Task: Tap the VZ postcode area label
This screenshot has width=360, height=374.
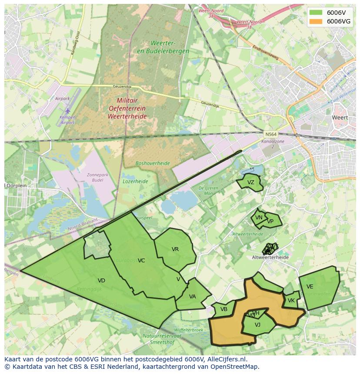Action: tap(250, 182)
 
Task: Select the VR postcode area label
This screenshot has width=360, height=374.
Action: tap(175, 249)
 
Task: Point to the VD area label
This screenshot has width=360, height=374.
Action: tap(101, 281)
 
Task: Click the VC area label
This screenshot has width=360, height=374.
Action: tap(141, 261)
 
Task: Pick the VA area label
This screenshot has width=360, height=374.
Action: tap(193, 297)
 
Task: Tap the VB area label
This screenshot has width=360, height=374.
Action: tap(224, 309)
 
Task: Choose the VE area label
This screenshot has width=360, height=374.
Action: tap(310, 287)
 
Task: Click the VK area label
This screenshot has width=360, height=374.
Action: tap(291, 301)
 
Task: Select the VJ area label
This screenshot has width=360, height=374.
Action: tap(257, 324)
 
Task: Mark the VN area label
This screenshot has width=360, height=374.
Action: tap(259, 218)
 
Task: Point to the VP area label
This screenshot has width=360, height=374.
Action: tap(270, 221)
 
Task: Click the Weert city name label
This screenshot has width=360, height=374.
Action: tap(340, 118)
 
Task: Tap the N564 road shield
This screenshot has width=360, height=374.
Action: tap(270, 134)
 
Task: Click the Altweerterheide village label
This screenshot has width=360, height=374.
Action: tap(270, 257)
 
